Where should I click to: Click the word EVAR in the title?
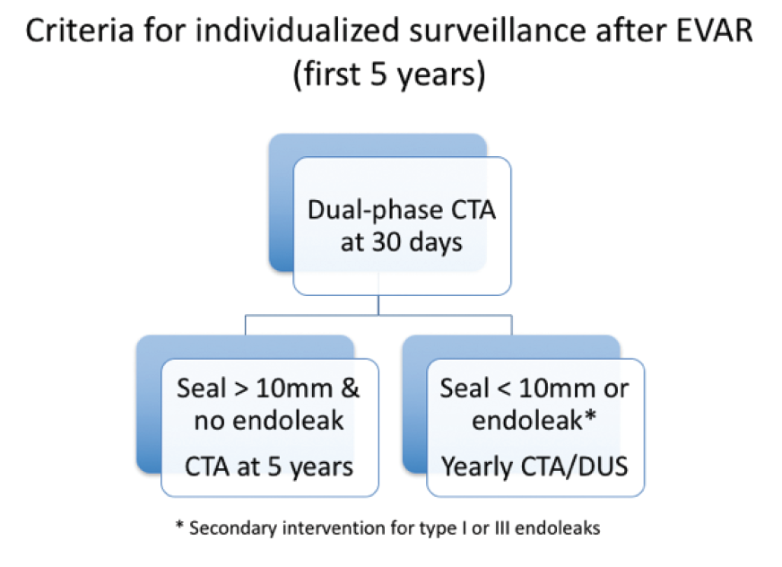[x=714, y=31]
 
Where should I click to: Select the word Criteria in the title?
[x=80, y=31]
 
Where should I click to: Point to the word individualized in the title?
[x=297, y=31]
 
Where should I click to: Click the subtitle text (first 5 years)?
[x=389, y=74]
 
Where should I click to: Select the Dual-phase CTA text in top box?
[x=402, y=210]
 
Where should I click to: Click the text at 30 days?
[x=402, y=242]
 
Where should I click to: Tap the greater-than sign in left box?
[x=241, y=389]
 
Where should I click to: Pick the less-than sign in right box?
[x=504, y=389]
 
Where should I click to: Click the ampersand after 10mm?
[x=350, y=388]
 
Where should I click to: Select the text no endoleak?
[x=269, y=420]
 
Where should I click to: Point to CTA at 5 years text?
[x=269, y=467]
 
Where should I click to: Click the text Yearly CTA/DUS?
[x=534, y=467]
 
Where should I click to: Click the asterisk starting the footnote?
[x=180, y=525]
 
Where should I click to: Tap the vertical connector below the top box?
[x=378, y=305]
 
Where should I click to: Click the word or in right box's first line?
[x=616, y=389]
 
